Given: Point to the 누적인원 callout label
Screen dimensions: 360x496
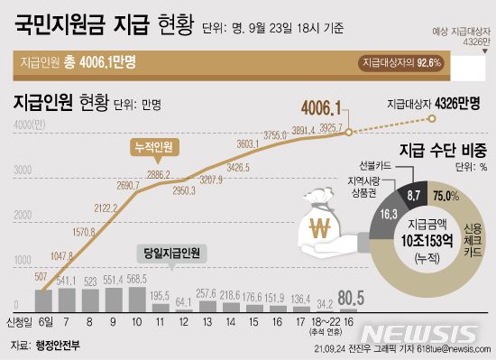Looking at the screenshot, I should pyautogui.click(x=152, y=146).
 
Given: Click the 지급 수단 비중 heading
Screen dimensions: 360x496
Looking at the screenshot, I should pyautogui.click(x=443, y=149).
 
